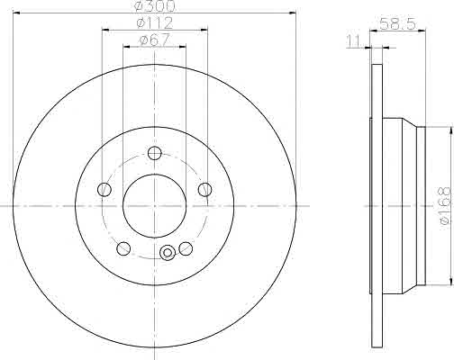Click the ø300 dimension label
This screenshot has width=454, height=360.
(x=155, y=6)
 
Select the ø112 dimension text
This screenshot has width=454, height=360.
(x=155, y=22)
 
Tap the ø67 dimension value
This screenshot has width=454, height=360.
(x=155, y=40)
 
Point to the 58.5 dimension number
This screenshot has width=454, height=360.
(x=397, y=23)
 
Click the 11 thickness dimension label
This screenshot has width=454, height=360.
(x=353, y=41)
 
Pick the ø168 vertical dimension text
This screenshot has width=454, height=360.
(x=445, y=205)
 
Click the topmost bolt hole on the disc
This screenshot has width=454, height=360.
(x=155, y=153)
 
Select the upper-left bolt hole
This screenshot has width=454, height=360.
(x=104, y=190)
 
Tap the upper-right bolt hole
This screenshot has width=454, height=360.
(x=205, y=189)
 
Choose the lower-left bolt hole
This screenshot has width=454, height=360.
(x=123, y=248)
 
